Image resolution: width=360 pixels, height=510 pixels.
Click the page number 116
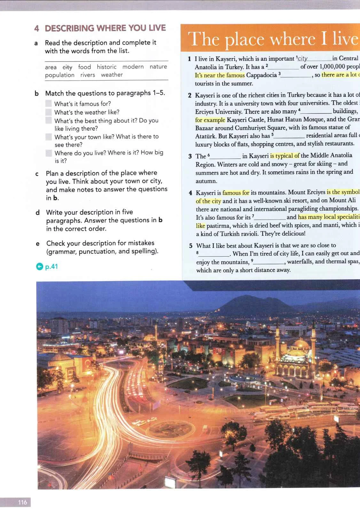(22, 502)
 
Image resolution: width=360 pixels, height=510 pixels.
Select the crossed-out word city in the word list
(67, 67)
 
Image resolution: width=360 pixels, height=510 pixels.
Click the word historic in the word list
(106, 67)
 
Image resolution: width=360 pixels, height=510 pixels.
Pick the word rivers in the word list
(88, 75)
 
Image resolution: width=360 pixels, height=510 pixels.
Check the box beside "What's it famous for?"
(49, 104)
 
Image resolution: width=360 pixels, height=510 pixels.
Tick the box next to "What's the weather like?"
(49, 112)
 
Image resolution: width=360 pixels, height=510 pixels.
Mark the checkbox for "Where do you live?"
(49, 153)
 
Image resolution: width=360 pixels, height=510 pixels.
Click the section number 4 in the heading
(37, 28)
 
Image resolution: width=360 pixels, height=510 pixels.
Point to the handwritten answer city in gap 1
(302, 59)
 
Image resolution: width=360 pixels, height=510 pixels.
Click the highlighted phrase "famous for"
(236, 193)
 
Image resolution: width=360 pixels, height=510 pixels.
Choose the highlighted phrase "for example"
(210, 120)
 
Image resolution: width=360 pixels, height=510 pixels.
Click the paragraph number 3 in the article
(190, 156)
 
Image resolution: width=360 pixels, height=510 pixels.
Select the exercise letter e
(38, 243)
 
